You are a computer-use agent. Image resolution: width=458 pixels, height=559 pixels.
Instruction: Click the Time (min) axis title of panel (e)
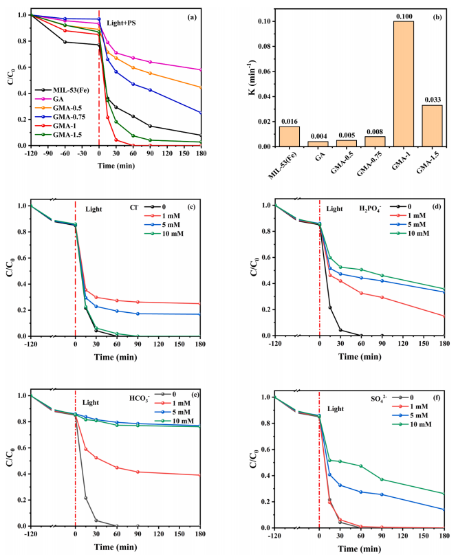tap(113, 550)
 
